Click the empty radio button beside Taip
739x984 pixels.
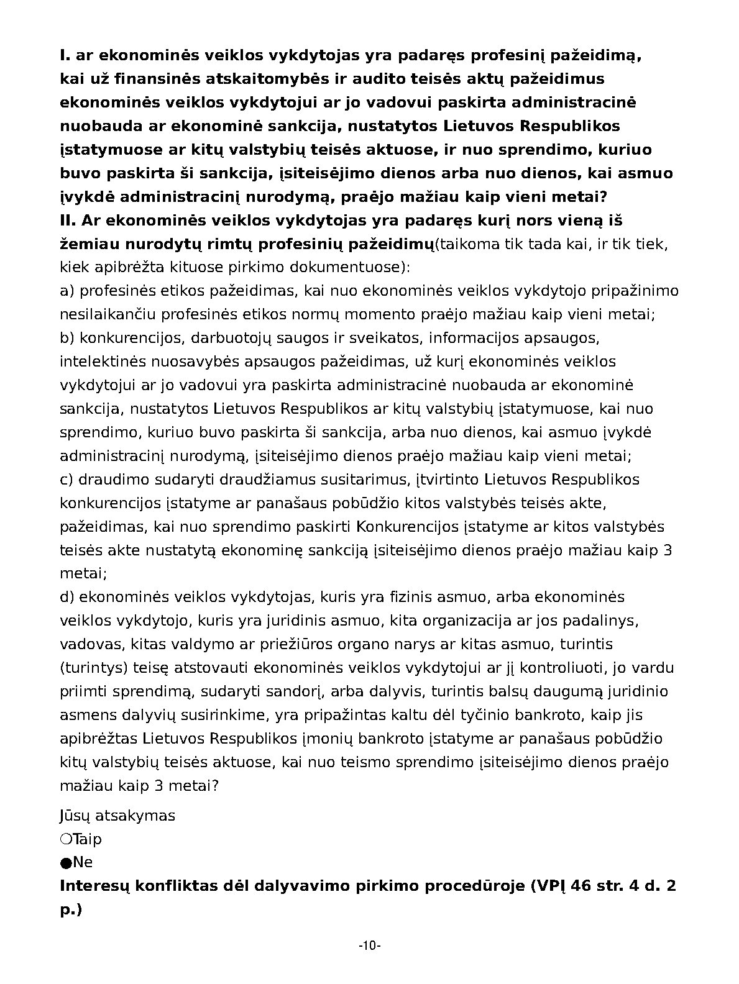coord(65,839)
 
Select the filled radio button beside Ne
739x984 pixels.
coord(65,862)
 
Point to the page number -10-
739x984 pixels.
coord(369,946)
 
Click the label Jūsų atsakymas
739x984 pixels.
coord(117,815)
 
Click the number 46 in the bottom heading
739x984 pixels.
coord(582,886)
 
